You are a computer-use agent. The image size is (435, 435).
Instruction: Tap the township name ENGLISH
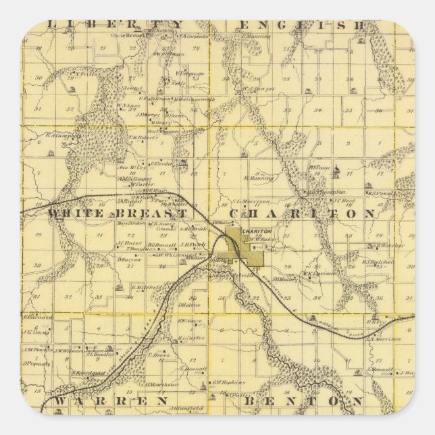point(301,25)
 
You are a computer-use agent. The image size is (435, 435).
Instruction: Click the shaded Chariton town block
point(246,247)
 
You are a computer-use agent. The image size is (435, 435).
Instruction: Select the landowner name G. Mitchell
point(145,286)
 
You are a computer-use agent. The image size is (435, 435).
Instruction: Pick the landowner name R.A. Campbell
point(63,134)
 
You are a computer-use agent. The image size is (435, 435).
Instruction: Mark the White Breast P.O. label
point(131,35)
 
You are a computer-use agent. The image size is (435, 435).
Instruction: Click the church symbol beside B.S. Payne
point(336,176)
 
